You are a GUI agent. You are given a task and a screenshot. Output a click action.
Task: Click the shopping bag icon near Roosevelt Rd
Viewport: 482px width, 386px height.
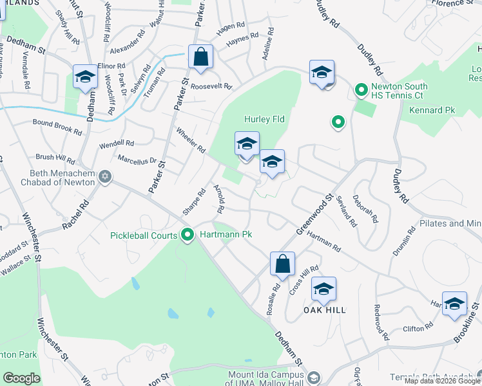[201, 57]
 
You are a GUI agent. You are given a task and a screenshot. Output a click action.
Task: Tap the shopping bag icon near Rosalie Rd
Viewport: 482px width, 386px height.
[282, 264]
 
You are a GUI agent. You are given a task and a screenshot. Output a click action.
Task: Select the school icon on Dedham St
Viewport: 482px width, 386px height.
[85, 77]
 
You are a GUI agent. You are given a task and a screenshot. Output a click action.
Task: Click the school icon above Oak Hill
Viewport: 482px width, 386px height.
[323, 289]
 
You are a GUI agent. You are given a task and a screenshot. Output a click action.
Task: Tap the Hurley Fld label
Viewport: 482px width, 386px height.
[264, 119]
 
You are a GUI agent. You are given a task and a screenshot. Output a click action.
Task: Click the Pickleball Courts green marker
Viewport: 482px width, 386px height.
[188, 235]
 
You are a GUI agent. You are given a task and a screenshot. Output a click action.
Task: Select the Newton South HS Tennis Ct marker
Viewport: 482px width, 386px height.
[361, 89]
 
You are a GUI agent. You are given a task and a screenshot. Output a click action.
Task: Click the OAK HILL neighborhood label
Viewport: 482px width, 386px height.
[325, 310]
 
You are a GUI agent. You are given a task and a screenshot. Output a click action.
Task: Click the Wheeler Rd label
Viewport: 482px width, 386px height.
[190, 139]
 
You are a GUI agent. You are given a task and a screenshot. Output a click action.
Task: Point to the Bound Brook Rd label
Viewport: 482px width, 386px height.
[57, 126]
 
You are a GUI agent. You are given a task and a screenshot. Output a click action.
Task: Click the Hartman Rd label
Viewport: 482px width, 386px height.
[323, 241]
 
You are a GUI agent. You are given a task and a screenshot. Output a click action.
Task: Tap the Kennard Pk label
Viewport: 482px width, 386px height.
[432, 110]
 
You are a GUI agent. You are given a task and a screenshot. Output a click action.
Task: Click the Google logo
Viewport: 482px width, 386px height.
[21, 378]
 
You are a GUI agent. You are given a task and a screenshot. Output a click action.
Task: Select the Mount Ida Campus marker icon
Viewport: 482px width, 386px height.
[314, 376]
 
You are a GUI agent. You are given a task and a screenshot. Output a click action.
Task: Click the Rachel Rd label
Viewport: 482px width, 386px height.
[75, 217]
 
